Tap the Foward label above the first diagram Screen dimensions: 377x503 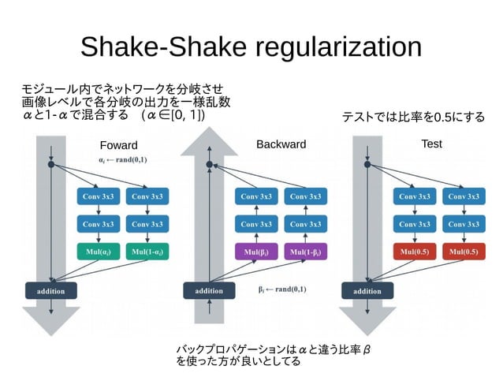coord(118,145)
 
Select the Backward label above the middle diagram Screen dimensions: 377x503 coord(281,144)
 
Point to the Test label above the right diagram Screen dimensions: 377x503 coord(431,144)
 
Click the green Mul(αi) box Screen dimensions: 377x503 coord(98,252)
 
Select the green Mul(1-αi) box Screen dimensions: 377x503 coord(147,252)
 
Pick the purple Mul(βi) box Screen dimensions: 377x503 coord(256,252)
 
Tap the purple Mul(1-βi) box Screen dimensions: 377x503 coord(306,252)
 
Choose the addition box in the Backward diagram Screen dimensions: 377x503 coord(209,290)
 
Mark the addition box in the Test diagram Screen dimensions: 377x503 coord(367,290)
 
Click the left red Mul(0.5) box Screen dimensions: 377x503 coord(414,252)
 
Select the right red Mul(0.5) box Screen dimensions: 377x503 coord(464,252)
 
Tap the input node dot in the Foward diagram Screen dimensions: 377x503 coord(51,166)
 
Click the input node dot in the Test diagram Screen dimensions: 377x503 coord(367,166)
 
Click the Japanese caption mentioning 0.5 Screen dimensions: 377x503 coord(412,118)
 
